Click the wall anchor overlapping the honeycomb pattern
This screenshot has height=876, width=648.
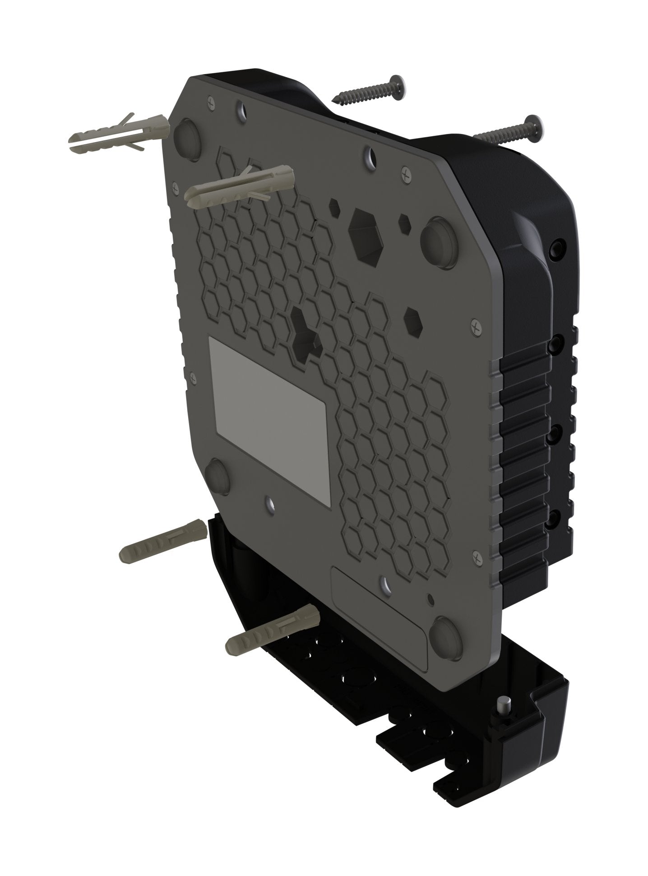coord(239,186)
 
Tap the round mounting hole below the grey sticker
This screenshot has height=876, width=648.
coord(270,502)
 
